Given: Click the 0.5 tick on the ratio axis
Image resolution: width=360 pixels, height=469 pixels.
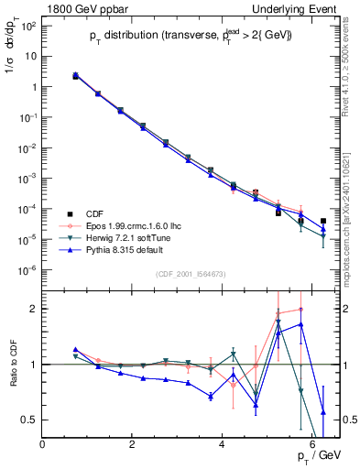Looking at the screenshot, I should click(29, 420).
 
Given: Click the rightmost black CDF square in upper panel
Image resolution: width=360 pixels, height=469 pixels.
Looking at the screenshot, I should click(323, 222).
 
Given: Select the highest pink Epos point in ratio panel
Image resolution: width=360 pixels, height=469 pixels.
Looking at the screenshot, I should click(300, 310).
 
